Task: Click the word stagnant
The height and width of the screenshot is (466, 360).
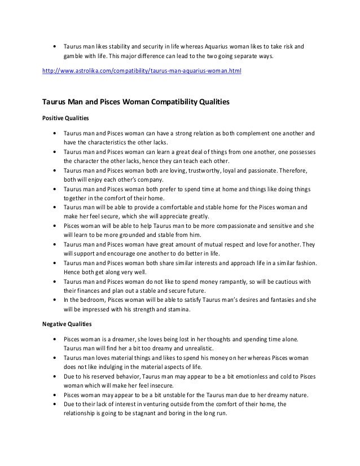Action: click(143, 413)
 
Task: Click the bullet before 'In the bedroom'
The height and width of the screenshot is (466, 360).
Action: click(54, 300)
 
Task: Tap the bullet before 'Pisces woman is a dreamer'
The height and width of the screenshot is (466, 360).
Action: click(54, 339)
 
